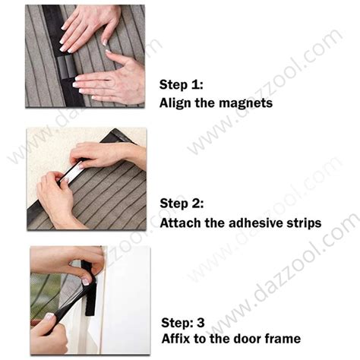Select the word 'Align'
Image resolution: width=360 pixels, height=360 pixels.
coord(175,103)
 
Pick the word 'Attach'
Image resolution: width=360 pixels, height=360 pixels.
coord(178,223)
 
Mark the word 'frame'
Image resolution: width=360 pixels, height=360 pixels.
coord(280,338)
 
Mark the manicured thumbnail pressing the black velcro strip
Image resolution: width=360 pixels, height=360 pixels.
coord(86,280)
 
